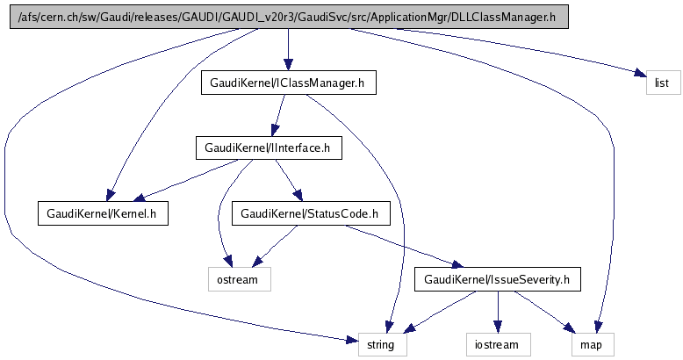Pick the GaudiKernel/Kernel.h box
tap(102, 212)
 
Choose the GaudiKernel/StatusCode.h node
tap(309, 212)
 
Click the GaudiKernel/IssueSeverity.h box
tap(498, 279)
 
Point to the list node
tap(663, 83)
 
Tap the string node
tap(383, 344)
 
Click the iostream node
tap(499, 344)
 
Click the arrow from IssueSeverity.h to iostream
tap(498, 312)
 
